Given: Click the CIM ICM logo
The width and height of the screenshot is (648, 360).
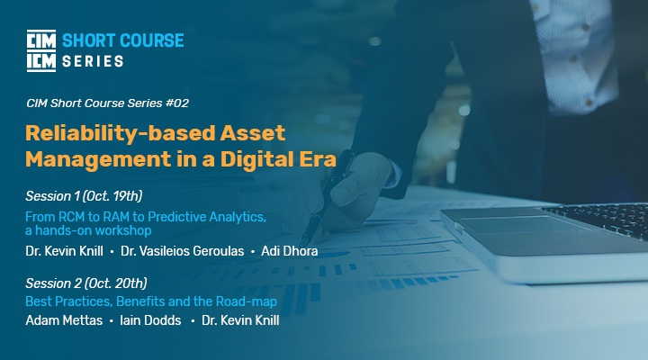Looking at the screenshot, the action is coord(41,50).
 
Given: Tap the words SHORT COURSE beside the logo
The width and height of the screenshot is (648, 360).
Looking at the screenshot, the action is coord(122,40).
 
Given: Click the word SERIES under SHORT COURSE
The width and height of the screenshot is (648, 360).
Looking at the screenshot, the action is coord(93,61).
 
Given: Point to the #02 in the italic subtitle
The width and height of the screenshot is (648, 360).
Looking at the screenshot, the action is coord(177,103).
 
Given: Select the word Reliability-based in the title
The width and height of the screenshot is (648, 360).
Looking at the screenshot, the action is coord(121,133).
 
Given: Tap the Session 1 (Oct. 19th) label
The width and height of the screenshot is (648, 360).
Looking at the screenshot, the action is coord(84,196).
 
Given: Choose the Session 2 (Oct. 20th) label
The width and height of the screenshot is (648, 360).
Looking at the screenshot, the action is coord(86,283).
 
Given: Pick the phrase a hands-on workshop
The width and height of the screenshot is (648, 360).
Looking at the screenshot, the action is coord(88,230).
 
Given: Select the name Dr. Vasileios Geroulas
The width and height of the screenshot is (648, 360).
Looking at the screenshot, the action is coord(182,251).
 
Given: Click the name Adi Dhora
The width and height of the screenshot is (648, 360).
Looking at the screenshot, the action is coord(289,251).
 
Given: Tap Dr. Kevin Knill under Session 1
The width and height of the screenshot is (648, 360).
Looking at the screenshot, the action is coord(64,251).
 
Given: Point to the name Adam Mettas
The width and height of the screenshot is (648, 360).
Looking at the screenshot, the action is coord(64,320).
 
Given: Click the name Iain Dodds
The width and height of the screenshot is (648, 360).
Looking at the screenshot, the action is coord(150,320).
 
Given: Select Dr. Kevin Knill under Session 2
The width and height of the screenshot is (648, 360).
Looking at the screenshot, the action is coord(240,320).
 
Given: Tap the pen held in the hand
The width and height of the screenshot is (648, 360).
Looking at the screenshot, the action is coord(328,198).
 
